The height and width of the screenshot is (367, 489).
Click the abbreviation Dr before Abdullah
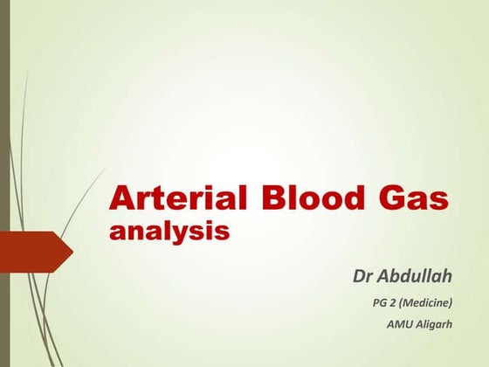[362, 277]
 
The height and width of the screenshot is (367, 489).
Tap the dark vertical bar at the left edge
[3, 183]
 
